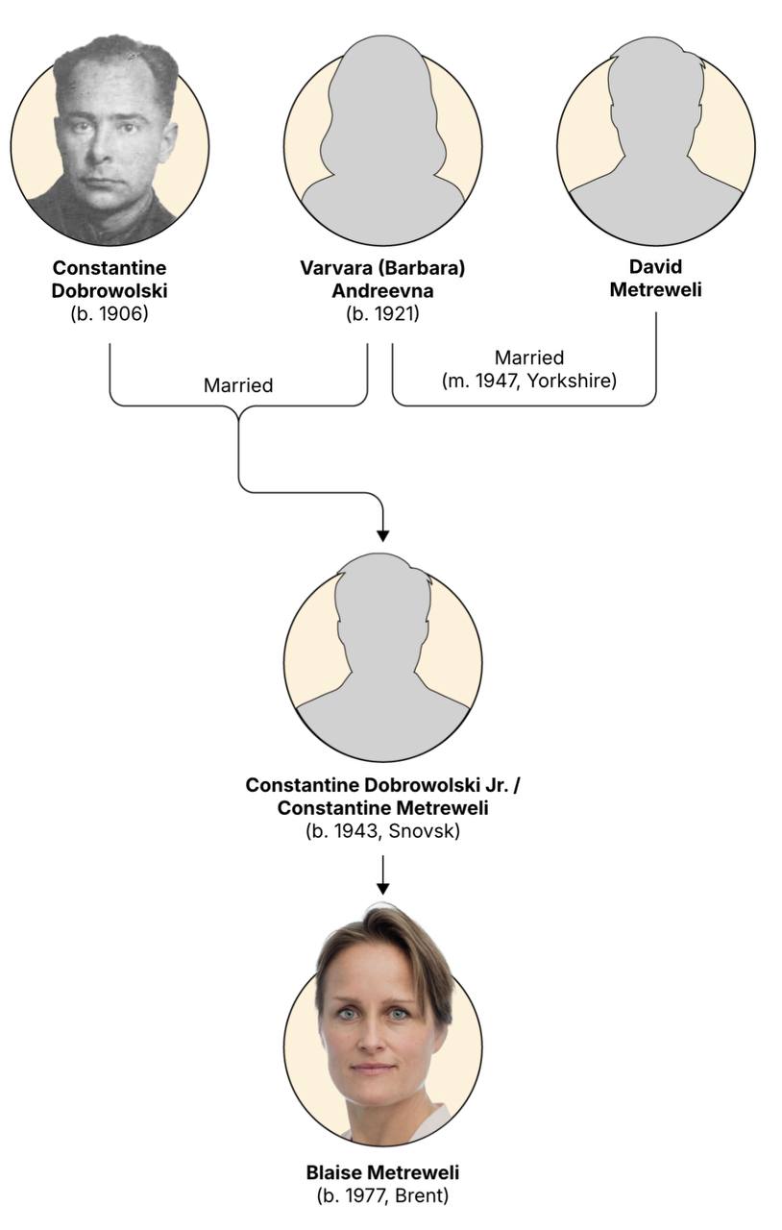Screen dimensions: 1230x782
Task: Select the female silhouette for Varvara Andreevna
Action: coord(382,144)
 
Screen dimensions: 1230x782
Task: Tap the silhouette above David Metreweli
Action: coord(656,144)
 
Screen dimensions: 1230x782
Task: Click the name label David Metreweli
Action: coord(656,278)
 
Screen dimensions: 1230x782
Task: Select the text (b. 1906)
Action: coord(110,312)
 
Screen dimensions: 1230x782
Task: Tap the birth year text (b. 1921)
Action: coord(382,313)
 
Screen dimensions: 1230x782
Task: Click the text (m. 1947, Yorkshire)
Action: coord(529,381)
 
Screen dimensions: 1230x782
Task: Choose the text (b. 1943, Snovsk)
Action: coord(382,831)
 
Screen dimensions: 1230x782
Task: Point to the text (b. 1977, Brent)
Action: coord(382,1196)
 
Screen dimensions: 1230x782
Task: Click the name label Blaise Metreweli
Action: coord(382,1172)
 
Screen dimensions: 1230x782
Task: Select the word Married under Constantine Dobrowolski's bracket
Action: coord(238,385)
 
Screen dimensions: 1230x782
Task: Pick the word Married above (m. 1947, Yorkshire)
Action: coord(529,358)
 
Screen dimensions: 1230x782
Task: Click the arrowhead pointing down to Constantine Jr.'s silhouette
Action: coord(382,533)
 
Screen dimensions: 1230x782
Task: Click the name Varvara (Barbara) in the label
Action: coord(382,267)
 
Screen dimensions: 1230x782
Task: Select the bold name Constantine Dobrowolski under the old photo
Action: coord(110,278)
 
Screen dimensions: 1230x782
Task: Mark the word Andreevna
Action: coord(382,290)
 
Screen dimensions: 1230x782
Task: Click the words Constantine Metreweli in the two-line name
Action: coord(382,808)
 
